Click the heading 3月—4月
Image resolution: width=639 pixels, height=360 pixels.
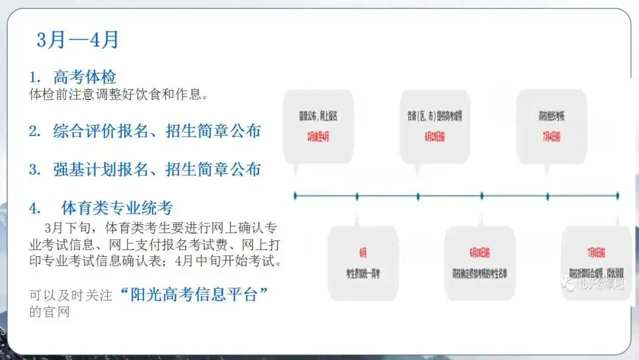(x=78, y=40)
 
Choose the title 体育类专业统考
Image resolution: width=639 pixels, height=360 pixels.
(x=117, y=208)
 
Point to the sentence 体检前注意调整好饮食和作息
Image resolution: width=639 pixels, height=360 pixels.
(x=118, y=94)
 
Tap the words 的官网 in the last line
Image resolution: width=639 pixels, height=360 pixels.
(x=49, y=312)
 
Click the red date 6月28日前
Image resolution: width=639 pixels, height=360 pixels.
(x=480, y=253)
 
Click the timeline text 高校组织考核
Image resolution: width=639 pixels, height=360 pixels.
(x=551, y=116)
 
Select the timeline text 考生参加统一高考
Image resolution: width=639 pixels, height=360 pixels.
(x=363, y=274)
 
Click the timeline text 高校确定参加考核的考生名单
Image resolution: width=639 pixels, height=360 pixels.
(x=480, y=274)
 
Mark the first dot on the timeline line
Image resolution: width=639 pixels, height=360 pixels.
(x=295, y=195)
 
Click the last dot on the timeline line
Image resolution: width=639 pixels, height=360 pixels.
(x=618, y=195)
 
